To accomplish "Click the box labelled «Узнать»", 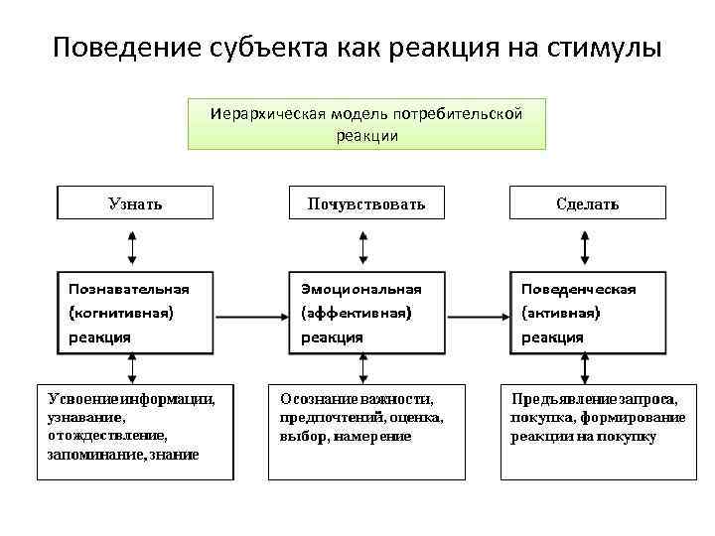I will [x=135, y=203].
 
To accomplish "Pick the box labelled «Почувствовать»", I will [x=365, y=203].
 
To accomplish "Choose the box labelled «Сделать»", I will [x=587, y=203].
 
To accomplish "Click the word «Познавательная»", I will [x=128, y=289].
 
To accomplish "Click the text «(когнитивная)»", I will [x=120, y=313].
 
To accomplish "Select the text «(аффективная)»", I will [x=356, y=313].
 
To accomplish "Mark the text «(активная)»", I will [x=560, y=313].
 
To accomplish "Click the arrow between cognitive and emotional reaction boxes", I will [x=250, y=319].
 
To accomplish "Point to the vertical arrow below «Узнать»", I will [x=132, y=244].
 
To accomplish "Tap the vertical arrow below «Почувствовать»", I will [x=363, y=244].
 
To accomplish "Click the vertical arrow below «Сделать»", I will [x=587, y=244].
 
